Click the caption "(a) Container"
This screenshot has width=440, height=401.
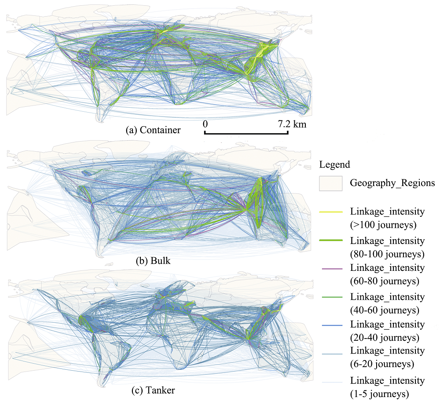pyautogui.click(x=153, y=130)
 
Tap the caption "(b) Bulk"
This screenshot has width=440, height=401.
pyautogui.click(x=153, y=261)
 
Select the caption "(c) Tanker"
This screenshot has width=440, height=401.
pyautogui.click(x=153, y=390)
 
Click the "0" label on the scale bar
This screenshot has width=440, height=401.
pyautogui.click(x=205, y=124)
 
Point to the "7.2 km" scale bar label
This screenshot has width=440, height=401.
pyautogui.click(x=292, y=124)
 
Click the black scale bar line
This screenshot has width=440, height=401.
pyautogui.click(x=246, y=133)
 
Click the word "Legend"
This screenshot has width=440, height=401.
pyautogui.click(x=334, y=164)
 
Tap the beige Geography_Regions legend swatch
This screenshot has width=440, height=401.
pyautogui.click(x=330, y=183)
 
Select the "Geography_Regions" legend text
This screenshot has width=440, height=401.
pyautogui.click(x=392, y=183)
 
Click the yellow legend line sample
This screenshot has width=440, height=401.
pyautogui.click(x=331, y=212)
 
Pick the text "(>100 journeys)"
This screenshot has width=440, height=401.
pyautogui.click(x=383, y=225)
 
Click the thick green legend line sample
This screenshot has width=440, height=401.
pyautogui.click(x=331, y=241)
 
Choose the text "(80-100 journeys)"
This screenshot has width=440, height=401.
pyautogui.click(x=387, y=254)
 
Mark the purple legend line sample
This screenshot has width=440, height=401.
pyautogui.click(x=332, y=269)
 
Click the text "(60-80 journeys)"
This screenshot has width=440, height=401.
pyautogui.click(x=385, y=281)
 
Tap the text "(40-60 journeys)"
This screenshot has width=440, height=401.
pyautogui.click(x=385, y=310)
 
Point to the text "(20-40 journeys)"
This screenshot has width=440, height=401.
pyautogui.click(x=385, y=337)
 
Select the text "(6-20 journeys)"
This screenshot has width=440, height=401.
pyautogui.click(x=382, y=364)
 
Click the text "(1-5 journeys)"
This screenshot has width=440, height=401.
pyautogui.click(x=379, y=394)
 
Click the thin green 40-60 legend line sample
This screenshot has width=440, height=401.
pyautogui.click(x=332, y=297)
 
